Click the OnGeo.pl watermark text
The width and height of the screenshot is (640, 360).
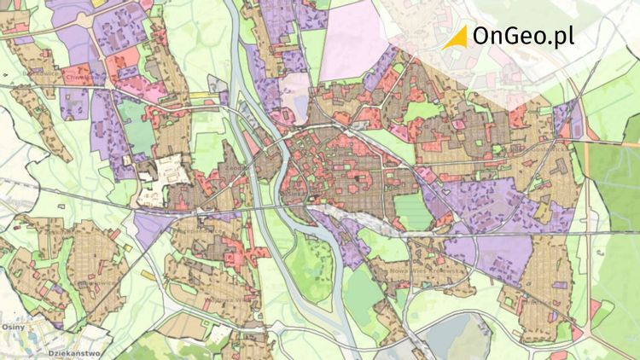click(522, 37)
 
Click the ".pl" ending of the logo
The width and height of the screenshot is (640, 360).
click(560, 37)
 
